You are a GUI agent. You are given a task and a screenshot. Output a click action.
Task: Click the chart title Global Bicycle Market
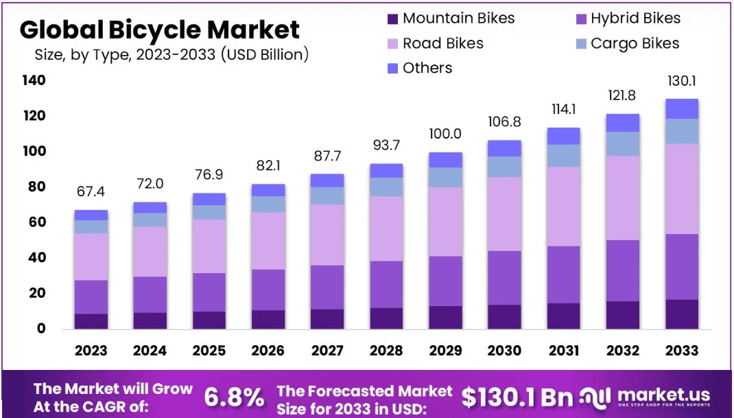click(159, 30)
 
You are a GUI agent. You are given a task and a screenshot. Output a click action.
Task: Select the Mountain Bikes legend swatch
click(392, 19)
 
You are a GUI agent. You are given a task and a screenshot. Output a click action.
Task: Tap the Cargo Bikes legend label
click(635, 43)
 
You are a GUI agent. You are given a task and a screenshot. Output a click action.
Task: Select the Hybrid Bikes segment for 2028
click(386, 284)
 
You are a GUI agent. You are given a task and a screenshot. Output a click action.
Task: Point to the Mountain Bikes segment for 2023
click(91, 321)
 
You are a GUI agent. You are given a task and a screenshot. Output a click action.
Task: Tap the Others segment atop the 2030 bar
click(504, 148)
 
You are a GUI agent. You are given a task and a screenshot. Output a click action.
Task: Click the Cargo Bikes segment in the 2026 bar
click(268, 205)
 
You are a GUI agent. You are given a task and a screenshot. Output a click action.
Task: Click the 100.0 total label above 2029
click(445, 134)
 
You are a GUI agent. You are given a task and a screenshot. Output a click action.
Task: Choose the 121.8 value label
click(623, 95)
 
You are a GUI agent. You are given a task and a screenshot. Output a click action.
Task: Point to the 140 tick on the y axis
click(32, 80)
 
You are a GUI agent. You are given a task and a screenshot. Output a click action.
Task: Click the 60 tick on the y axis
click(35, 222)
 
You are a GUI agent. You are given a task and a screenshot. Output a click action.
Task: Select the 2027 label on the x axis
click(327, 350)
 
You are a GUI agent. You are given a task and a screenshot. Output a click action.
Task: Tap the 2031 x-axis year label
click(563, 350)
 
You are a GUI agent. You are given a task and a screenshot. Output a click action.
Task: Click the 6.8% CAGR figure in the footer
click(234, 397)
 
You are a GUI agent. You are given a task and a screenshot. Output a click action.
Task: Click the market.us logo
click(644, 396)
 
